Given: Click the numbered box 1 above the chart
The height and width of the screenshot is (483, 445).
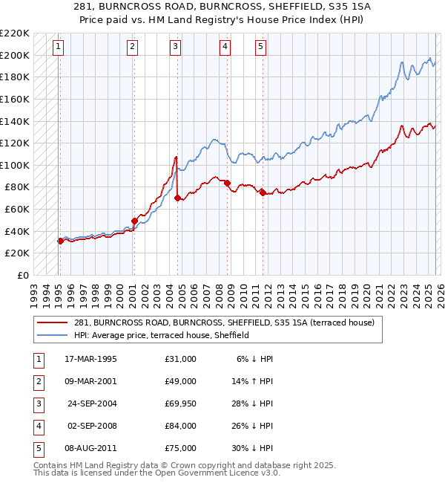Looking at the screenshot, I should (x=59, y=47).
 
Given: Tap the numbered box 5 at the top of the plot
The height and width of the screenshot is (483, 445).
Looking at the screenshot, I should (x=261, y=47).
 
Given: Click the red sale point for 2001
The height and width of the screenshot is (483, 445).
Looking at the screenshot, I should (x=134, y=221).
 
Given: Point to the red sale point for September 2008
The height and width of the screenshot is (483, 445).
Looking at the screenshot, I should (x=227, y=183).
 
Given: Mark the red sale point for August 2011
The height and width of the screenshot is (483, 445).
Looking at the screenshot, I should (x=263, y=192).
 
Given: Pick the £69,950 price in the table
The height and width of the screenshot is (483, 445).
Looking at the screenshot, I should (x=180, y=403).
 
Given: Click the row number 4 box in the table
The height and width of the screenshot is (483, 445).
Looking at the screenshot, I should (x=36, y=426).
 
